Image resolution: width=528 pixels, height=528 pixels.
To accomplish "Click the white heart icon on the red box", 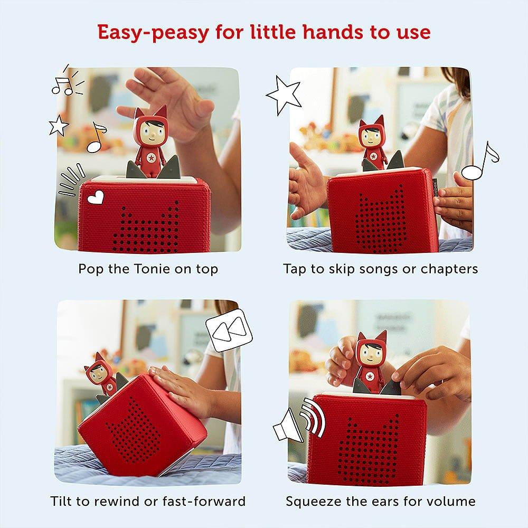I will tap(96, 199).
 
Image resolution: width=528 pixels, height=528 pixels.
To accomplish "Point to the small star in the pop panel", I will tap(59, 126).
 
